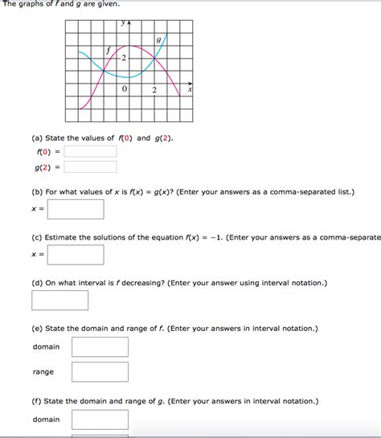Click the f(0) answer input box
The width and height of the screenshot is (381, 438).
(x=91, y=151)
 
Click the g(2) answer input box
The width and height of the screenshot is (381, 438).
(x=91, y=167)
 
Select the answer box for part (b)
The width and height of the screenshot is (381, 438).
(x=76, y=209)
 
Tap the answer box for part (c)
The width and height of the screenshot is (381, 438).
(x=76, y=255)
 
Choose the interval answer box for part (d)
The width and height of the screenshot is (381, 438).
(x=60, y=301)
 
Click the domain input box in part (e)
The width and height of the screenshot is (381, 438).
(x=100, y=347)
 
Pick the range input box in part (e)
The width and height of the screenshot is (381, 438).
(x=100, y=372)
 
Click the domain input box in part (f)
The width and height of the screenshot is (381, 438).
(x=100, y=420)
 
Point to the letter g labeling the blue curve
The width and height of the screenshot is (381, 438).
(x=158, y=40)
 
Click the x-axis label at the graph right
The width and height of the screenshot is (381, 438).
(x=190, y=91)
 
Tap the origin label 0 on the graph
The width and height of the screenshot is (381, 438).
(x=125, y=89)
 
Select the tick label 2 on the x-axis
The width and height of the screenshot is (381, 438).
(x=154, y=89)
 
